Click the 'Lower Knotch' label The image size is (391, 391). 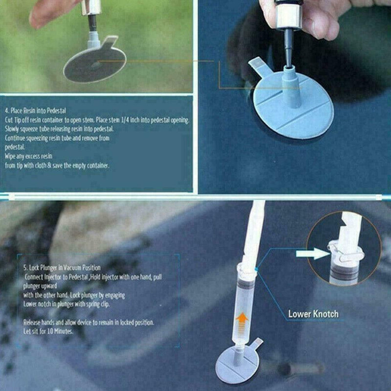313,314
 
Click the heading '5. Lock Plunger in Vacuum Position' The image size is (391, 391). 62,268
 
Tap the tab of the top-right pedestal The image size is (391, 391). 258,64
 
